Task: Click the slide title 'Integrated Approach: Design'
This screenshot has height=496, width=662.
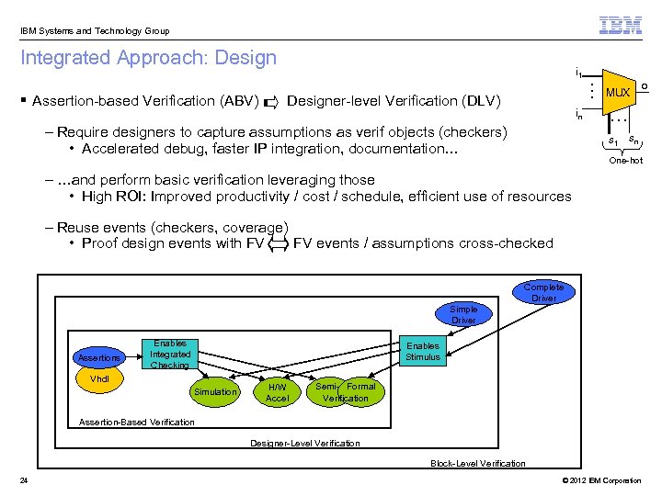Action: [x=148, y=58]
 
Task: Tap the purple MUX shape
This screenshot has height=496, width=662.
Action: [x=618, y=93]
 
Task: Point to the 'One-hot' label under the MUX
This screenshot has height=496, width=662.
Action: [x=625, y=161]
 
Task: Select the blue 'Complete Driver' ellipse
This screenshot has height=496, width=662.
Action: [x=543, y=293]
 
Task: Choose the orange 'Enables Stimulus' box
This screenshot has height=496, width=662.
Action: [x=423, y=351]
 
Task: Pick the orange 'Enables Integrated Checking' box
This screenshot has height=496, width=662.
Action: [x=170, y=355]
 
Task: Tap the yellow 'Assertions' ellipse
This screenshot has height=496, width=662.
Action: [x=98, y=357]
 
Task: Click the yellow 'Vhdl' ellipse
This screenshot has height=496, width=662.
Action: [x=99, y=378]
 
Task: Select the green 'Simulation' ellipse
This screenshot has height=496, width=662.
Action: [x=214, y=392]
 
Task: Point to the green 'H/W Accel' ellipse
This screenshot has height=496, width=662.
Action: [x=277, y=392]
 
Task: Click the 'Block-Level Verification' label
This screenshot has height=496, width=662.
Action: [x=478, y=463]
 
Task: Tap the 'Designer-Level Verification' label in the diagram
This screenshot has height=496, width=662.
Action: [x=305, y=444]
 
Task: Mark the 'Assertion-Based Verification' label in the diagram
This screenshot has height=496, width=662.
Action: [x=137, y=422]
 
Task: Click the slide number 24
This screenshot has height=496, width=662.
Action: [x=22, y=480]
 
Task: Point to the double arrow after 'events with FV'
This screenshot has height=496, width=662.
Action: [x=279, y=243]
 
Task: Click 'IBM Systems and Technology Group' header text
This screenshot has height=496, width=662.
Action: [x=94, y=31]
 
